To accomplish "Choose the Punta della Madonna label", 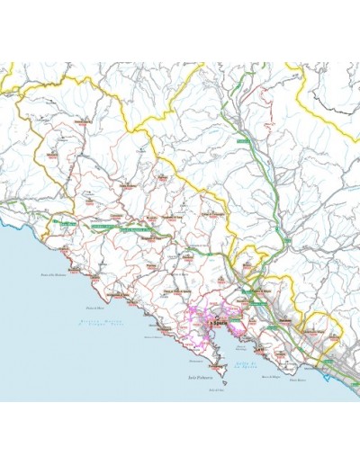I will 54,274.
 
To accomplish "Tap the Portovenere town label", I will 214,367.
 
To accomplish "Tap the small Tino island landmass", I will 216,385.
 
